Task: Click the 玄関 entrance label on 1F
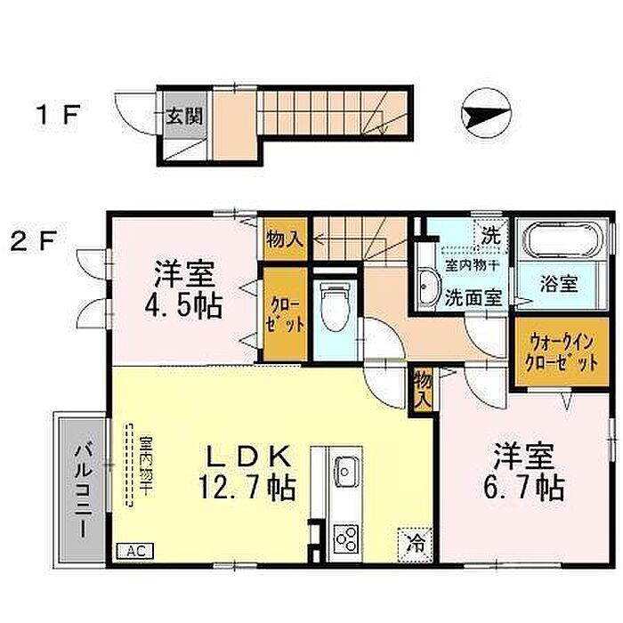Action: pyautogui.click(x=184, y=116)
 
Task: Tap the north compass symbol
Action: pyautogui.click(x=486, y=113)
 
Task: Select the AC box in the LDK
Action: pyautogui.click(x=134, y=551)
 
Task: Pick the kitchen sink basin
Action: pyautogui.click(x=345, y=471)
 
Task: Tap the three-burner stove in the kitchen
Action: pyautogui.click(x=345, y=538)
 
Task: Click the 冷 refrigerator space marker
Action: pyautogui.click(x=416, y=544)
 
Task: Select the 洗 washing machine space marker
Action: pyautogui.click(x=491, y=237)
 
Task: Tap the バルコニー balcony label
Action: pyautogui.click(x=84, y=491)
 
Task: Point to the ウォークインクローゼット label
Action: pyautogui.click(x=561, y=352)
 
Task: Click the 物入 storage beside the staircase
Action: pyautogui.click(x=285, y=239)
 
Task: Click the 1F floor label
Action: pyautogui.click(x=60, y=114)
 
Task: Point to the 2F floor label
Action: pyautogui.click(x=35, y=241)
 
